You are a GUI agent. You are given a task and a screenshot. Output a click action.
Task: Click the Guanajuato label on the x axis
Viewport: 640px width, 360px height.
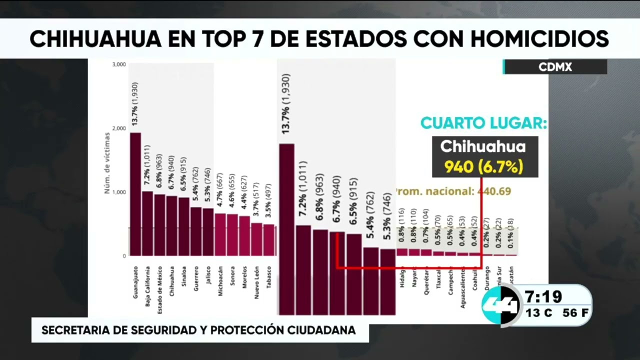tap(135, 282)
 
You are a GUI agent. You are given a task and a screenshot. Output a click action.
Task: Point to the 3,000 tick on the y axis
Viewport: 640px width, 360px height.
tap(118, 64)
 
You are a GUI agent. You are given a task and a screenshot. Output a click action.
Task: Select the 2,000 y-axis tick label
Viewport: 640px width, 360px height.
tap(118, 128)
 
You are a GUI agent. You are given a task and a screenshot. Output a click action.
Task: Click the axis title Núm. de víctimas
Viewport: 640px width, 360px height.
tap(106, 162)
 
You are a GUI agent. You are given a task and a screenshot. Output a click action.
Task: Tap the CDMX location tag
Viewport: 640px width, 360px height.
tap(555, 67)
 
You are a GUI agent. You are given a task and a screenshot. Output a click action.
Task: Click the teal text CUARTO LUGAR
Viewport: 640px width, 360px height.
tap(483, 123)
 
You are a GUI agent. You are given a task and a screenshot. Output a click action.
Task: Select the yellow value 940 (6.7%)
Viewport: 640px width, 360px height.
tap(484, 166)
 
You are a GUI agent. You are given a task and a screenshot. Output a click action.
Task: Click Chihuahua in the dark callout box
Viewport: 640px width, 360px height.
tap(483, 146)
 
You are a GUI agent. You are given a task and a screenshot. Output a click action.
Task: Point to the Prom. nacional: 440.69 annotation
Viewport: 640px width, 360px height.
tap(452, 191)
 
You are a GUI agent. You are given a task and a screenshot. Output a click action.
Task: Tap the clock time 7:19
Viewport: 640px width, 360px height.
tap(543, 297)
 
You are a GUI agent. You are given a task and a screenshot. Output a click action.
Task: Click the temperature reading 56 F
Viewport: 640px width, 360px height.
tap(575, 313)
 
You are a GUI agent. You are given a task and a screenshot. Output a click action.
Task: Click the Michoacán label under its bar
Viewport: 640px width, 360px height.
tap(220, 281)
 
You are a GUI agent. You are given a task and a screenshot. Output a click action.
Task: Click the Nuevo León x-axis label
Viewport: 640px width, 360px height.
tap(256, 281)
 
